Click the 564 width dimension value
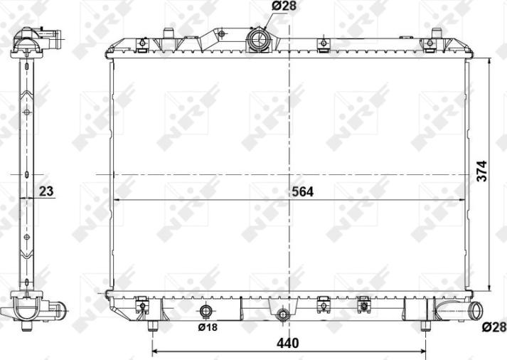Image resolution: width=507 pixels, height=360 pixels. click(x=301, y=191)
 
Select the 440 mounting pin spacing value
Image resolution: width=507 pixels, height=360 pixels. click(x=287, y=343)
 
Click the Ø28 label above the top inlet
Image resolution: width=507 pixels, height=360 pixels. click(x=283, y=6)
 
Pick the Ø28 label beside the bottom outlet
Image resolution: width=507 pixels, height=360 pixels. click(x=493, y=327)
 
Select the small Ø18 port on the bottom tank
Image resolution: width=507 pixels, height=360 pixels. click(x=207, y=311)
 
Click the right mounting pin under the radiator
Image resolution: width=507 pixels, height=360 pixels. click(x=425, y=326)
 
